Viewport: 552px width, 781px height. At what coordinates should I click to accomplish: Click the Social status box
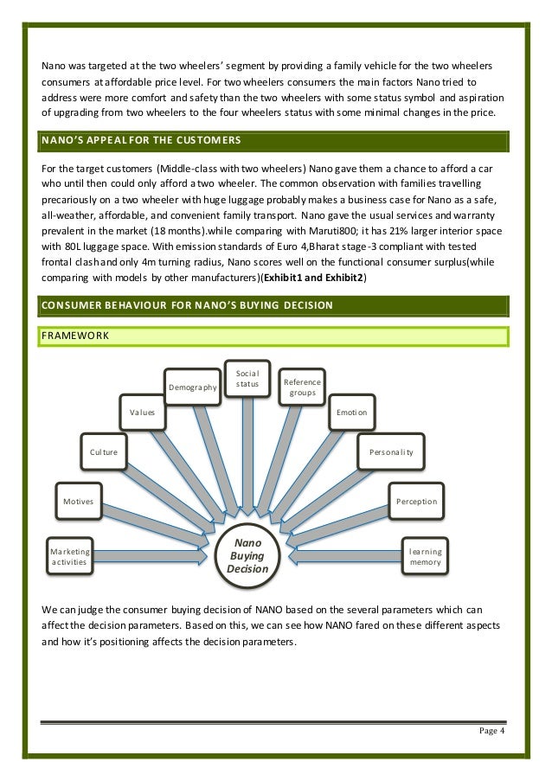point(247,378)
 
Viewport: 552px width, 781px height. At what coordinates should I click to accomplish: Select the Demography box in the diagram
point(192,388)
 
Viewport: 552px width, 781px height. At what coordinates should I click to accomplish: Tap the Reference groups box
point(303,388)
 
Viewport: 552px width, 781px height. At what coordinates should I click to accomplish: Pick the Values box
point(142,413)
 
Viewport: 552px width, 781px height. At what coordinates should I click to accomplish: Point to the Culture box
point(104,451)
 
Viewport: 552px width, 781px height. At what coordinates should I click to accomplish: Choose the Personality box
point(391,451)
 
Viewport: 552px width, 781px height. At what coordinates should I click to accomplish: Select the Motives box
point(79,501)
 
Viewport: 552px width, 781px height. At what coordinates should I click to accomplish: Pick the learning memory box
point(426,556)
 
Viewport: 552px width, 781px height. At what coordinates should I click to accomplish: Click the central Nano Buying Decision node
point(247,555)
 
